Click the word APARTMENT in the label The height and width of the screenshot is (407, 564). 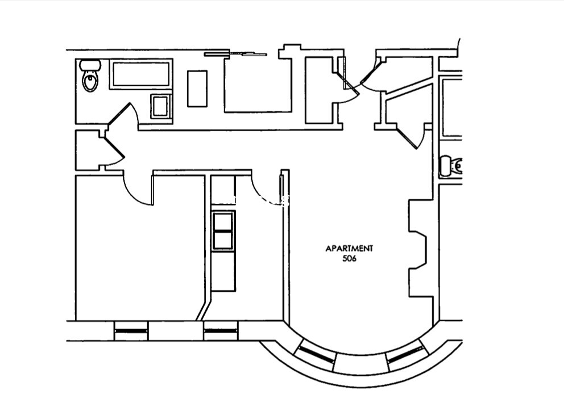pyautogui.click(x=349, y=248)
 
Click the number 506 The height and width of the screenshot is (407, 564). pyautogui.click(x=349, y=258)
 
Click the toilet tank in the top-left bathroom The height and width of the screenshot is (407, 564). pyautogui.click(x=90, y=65)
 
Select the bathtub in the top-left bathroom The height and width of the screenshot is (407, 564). pyautogui.click(x=140, y=74)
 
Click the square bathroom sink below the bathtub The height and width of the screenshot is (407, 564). pyautogui.click(x=160, y=106)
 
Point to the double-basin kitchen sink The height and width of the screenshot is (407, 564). pyautogui.click(x=223, y=230)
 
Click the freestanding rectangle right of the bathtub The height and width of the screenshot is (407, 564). pyautogui.click(x=197, y=89)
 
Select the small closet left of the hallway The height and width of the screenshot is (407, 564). pyautogui.click(x=88, y=150)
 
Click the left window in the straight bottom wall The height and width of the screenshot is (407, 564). pyautogui.click(x=131, y=330)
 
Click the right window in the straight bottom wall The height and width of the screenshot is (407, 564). pyautogui.click(x=221, y=330)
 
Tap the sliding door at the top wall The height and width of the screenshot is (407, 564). pyautogui.click(x=235, y=54)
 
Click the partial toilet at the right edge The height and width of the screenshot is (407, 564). pyautogui.click(x=451, y=166)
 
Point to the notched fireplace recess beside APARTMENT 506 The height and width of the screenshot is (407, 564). pyautogui.click(x=418, y=248)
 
